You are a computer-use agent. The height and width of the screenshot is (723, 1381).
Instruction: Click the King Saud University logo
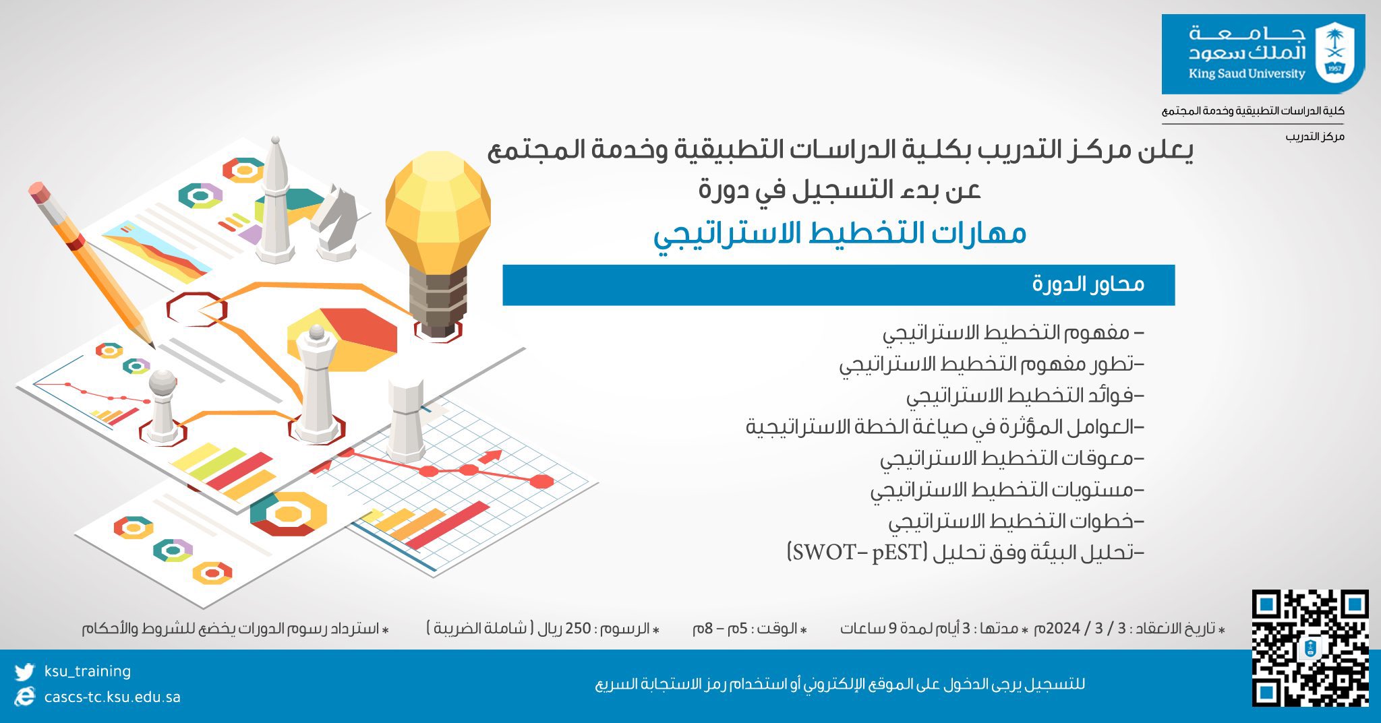1263,54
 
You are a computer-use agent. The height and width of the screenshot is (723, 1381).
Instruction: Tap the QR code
1310,648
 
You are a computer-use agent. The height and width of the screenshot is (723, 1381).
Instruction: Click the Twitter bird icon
24,672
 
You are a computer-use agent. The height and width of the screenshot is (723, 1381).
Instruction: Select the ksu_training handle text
88,671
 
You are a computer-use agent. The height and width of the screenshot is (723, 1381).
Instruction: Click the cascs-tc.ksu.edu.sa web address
113,697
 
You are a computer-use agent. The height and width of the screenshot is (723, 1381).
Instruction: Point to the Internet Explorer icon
24,697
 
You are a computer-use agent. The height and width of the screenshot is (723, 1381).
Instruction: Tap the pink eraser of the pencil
40,191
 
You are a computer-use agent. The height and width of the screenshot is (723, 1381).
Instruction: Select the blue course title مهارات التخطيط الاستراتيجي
840,233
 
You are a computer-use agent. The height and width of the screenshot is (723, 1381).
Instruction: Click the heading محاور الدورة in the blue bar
1088,284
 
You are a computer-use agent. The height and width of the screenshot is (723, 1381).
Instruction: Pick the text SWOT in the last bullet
828,553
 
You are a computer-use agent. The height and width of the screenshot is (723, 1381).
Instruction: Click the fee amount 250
578,629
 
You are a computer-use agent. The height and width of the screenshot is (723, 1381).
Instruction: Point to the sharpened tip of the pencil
152,346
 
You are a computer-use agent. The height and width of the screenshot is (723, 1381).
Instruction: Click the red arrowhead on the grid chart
492,457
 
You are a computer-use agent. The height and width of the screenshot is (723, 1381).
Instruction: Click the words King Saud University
1247,74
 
